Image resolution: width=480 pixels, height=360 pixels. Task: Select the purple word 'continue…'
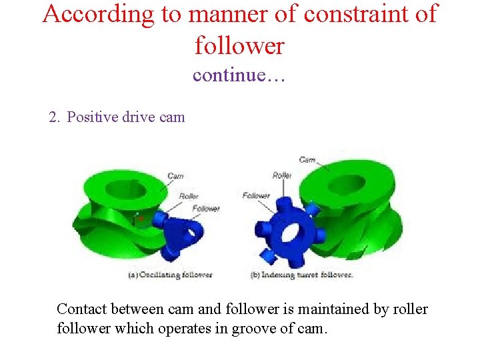[x=239, y=75]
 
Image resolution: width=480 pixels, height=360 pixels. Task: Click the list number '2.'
[x=55, y=117]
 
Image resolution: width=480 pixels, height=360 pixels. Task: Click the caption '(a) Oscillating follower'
[x=170, y=275]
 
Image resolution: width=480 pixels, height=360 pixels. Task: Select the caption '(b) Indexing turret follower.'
[x=301, y=275]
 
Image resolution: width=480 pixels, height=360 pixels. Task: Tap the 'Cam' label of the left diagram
[x=175, y=176]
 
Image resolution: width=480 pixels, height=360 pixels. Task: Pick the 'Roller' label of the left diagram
[x=189, y=196]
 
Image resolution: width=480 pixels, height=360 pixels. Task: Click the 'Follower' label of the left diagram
[x=206, y=208]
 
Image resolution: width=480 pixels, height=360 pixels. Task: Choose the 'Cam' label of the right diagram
[x=307, y=160]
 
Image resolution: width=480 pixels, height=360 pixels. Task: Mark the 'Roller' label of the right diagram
[x=281, y=175]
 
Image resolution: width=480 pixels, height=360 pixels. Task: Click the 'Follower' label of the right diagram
[x=256, y=195]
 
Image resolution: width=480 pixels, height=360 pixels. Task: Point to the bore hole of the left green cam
[x=125, y=188]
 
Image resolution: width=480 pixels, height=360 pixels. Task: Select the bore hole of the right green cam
[x=346, y=184]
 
